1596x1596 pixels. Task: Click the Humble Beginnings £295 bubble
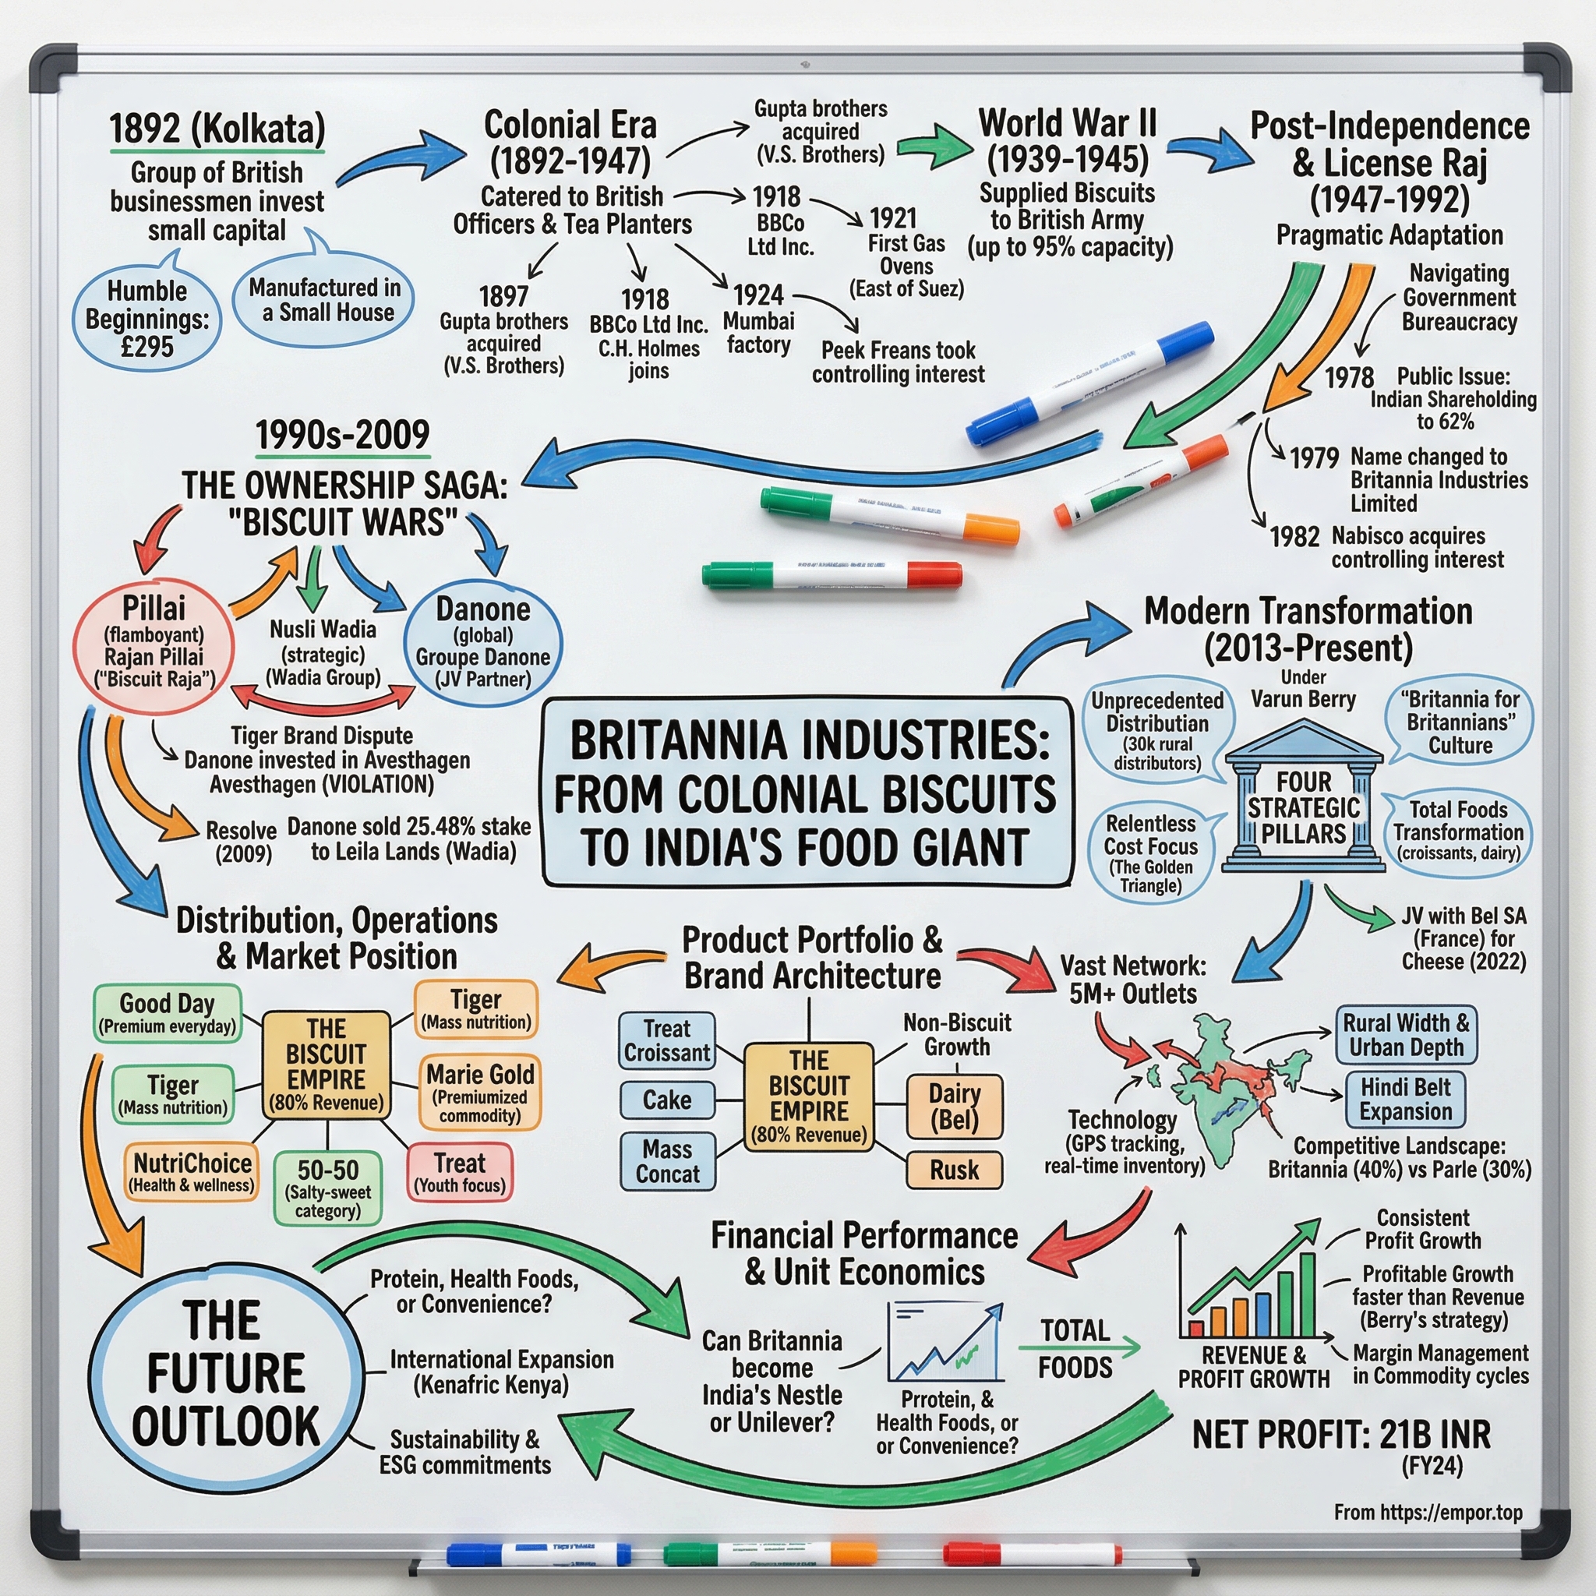(x=147, y=318)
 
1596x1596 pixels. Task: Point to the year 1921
(x=893, y=218)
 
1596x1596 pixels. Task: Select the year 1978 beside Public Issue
(x=1348, y=377)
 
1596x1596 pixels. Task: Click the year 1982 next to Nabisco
(x=1294, y=537)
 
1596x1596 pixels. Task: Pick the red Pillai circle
(x=154, y=644)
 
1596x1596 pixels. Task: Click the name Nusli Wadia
(x=323, y=630)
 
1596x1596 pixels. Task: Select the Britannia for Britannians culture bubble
(x=1460, y=722)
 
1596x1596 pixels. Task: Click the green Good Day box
(x=168, y=1012)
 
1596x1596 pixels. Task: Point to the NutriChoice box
(x=192, y=1171)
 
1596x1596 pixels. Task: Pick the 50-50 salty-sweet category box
(x=328, y=1188)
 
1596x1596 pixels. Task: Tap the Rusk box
(x=954, y=1170)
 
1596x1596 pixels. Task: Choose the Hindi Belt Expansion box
(x=1405, y=1099)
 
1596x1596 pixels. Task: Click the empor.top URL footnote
(x=1428, y=1512)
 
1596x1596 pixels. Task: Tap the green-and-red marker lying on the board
(x=832, y=574)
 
